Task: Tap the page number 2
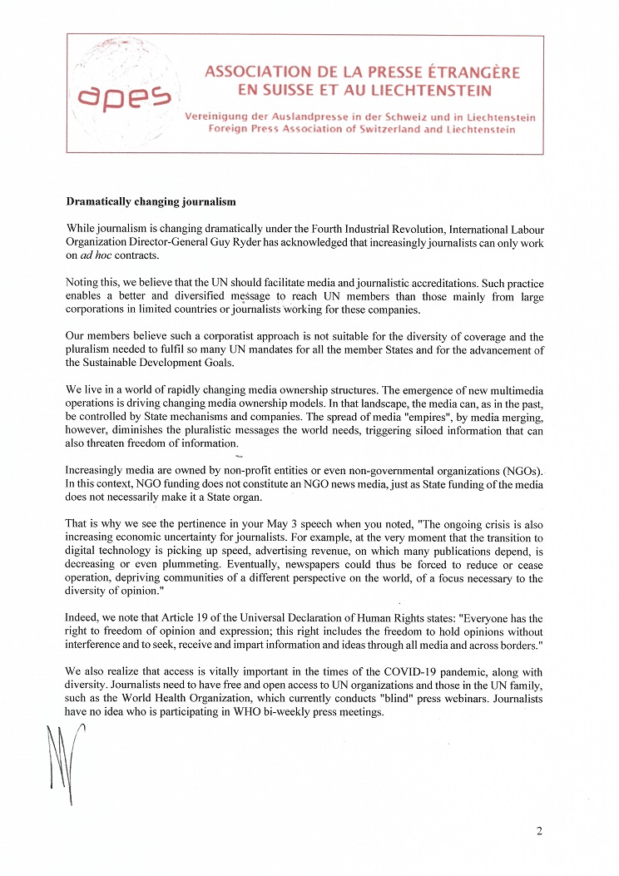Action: click(x=539, y=831)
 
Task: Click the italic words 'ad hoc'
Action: click(x=97, y=255)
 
